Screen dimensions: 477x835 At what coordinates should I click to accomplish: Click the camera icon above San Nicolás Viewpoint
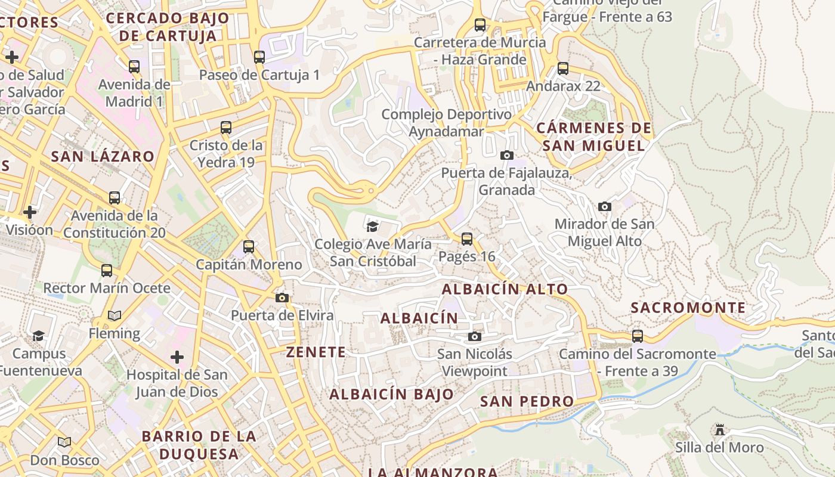pyautogui.click(x=475, y=336)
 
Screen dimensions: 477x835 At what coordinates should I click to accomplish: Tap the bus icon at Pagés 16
pyautogui.click(x=467, y=239)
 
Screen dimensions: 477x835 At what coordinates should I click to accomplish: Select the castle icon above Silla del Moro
pyautogui.click(x=719, y=430)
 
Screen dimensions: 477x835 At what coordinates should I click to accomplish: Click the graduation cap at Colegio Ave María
pyautogui.click(x=373, y=227)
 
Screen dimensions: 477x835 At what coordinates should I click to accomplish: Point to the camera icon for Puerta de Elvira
pyautogui.click(x=282, y=298)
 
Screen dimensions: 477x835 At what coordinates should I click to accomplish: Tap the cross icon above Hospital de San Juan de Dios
pyautogui.click(x=177, y=357)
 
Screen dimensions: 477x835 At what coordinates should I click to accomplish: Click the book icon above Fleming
pyautogui.click(x=115, y=315)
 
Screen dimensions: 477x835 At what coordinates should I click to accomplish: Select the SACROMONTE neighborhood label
pyautogui.click(x=688, y=308)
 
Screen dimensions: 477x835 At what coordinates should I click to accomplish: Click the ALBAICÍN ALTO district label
pyautogui.click(x=505, y=289)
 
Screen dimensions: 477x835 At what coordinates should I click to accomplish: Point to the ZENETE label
pyautogui.click(x=316, y=352)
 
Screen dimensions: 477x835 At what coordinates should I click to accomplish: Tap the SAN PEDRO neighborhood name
pyautogui.click(x=527, y=401)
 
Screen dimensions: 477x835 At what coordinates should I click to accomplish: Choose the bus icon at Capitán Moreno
pyautogui.click(x=249, y=246)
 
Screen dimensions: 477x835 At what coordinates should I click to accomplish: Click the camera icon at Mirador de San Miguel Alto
pyautogui.click(x=605, y=207)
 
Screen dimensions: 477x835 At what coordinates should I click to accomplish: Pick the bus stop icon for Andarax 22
pyautogui.click(x=563, y=69)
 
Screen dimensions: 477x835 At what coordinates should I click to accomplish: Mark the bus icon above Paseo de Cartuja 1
pyautogui.click(x=259, y=57)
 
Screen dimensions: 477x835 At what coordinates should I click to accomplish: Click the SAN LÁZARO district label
pyautogui.click(x=103, y=157)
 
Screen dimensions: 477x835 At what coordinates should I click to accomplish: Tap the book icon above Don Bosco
pyautogui.click(x=64, y=442)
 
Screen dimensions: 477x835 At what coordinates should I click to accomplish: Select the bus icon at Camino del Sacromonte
pyautogui.click(x=638, y=336)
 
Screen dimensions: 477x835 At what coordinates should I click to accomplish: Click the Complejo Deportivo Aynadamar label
pyautogui.click(x=446, y=123)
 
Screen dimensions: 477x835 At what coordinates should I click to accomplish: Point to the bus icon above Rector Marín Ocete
pyautogui.click(x=107, y=271)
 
